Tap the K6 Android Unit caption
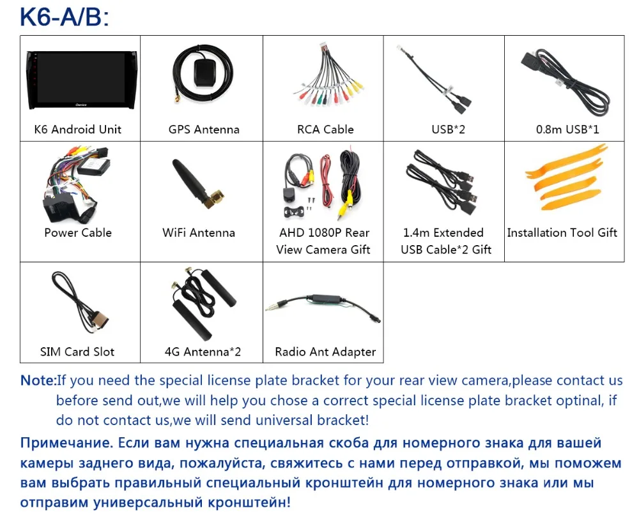click(x=78, y=129)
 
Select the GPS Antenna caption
click(x=204, y=129)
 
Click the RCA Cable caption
click(x=325, y=129)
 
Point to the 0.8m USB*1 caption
click(x=567, y=129)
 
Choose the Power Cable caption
click(x=78, y=232)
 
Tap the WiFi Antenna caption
click(x=199, y=232)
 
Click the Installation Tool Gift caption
click(x=562, y=232)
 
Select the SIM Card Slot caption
click(x=78, y=352)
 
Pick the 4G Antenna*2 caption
click(x=203, y=352)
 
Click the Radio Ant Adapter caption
click(x=325, y=352)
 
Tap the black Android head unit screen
click(x=78, y=80)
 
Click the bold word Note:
click(x=39, y=381)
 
